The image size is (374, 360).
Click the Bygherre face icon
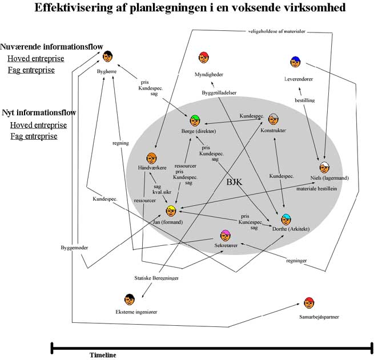[x=107, y=56]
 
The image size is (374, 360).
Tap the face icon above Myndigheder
[x=204, y=57]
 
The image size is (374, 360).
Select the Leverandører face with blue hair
[x=295, y=62]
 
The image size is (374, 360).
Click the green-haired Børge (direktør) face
[x=195, y=120]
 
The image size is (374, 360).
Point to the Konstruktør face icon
[x=274, y=119]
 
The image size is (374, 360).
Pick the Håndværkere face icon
[x=151, y=158]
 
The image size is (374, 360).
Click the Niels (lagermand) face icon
[x=324, y=167]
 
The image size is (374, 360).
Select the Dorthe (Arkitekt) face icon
[x=286, y=219]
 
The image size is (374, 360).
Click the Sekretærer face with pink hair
[x=226, y=236]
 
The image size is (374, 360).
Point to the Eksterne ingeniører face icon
[x=130, y=299]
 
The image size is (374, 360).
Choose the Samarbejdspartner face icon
[x=309, y=302]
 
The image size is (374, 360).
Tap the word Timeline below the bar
[x=103, y=355]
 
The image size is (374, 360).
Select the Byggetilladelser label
[x=219, y=92]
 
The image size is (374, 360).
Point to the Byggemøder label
[x=74, y=248]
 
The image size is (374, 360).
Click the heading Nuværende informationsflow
[x=51, y=46]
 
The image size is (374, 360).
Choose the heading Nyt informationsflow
[x=39, y=112]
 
